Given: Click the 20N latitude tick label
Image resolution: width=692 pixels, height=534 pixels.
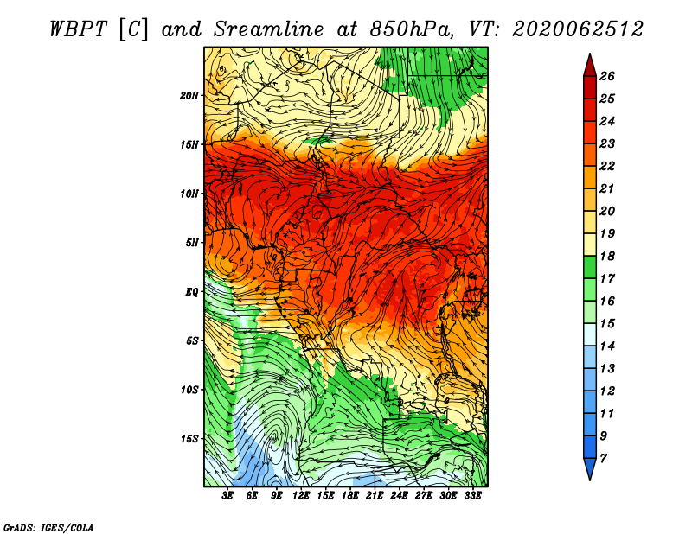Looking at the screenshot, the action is click(189, 96).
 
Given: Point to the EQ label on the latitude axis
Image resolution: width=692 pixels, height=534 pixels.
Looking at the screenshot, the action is click(192, 292).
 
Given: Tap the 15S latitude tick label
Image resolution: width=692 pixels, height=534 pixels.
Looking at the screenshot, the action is click(189, 439).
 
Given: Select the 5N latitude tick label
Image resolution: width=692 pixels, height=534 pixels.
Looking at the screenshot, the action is click(192, 243).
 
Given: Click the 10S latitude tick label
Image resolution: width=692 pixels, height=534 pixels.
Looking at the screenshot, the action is click(189, 391).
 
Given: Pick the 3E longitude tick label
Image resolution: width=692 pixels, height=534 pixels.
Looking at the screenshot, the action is click(227, 496).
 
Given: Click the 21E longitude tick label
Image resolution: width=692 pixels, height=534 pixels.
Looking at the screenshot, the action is click(375, 496).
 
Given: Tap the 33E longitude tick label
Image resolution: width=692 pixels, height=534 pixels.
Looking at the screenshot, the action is click(472, 496).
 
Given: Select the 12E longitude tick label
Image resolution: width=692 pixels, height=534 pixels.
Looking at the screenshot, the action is click(300, 496).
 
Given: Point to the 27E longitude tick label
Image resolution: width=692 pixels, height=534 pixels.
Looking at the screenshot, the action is click(423, 496).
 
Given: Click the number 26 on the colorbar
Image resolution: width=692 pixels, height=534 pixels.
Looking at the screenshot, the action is click(607, 76).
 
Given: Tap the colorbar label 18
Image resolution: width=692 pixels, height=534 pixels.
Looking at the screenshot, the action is click(607, 256).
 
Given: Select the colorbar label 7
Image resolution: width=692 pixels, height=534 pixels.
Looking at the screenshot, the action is click(603, 459).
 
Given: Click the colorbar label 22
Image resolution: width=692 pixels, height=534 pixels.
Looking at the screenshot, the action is click(607, 166).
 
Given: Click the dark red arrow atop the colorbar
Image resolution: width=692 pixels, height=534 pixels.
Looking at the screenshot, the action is click(590, 66).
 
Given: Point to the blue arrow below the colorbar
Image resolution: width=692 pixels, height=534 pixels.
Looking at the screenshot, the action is click(590, 468).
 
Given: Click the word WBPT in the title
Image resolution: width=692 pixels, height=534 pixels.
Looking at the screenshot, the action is click(78, 29).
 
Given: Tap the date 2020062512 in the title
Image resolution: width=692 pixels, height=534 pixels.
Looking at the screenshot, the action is click(578, 29).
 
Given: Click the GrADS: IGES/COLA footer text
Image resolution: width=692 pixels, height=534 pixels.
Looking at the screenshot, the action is click(48, 528).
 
